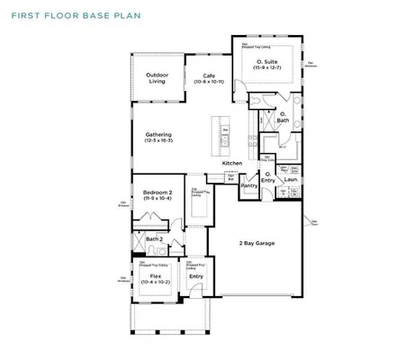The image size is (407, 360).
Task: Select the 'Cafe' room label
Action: pyautogui.click(x=209, y=75)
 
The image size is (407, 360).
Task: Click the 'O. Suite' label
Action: pyautogui.click(x=266, y=61)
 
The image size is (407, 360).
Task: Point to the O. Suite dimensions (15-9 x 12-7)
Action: pyautogui.click(x=266, y=68)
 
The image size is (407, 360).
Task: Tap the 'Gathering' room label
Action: pyautogui.click(x=158, y=134)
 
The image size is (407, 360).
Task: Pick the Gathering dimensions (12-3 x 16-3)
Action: pyautogui.click(x=158, y=140)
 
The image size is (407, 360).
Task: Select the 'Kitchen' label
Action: pyautogui.click(x=233, y=163)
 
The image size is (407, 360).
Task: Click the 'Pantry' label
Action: pyautogui.click(x=249, y=185)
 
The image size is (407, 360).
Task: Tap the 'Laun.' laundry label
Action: pyautogui.click(x=290, y=179)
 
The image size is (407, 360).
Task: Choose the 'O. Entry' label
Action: pyautogui.click(x=268, y=177)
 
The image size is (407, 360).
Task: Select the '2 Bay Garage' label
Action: pyautogui.click(x=257, y=243)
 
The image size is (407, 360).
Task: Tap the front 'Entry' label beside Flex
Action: pyautogui.click(x=195, y=275)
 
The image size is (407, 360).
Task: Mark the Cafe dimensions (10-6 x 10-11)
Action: pyautogui.click(x=209, y=82)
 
